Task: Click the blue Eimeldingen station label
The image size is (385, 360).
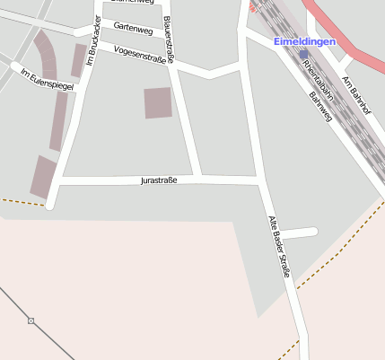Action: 305,41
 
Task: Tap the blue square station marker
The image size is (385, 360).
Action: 304,54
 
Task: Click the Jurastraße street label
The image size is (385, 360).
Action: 159,180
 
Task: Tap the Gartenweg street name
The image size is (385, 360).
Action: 134,28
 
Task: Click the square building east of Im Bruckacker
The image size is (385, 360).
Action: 158,102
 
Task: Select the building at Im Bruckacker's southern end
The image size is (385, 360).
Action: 42,176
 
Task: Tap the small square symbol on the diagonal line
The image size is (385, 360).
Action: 31,320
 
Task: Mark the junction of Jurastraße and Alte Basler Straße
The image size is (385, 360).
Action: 260,181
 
